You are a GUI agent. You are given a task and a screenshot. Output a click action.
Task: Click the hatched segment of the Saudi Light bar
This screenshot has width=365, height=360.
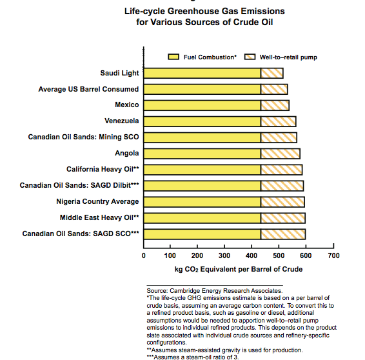272,74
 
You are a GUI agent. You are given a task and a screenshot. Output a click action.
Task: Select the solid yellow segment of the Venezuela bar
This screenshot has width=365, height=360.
202,121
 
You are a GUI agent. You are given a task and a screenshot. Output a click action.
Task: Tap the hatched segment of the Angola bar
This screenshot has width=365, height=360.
281,154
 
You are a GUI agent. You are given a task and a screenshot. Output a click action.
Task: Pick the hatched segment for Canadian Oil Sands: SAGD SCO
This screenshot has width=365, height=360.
283,234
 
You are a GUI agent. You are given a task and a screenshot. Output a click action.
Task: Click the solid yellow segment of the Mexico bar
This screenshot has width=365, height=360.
202,106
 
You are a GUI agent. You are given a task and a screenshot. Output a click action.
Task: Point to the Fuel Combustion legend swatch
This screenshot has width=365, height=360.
173,57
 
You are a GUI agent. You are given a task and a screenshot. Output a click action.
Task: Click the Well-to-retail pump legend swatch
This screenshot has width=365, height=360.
250,57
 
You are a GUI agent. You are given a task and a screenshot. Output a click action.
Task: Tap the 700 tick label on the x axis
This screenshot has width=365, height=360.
333,255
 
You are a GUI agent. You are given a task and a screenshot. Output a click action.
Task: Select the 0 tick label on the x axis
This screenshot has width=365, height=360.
144,255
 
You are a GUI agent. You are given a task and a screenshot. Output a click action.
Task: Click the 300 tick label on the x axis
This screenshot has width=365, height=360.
224,255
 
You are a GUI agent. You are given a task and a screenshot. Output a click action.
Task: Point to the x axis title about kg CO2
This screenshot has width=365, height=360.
239,270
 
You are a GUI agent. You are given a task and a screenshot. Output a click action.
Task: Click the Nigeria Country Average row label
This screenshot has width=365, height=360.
97,201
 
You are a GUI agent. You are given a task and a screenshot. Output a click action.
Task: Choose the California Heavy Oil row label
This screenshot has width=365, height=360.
103,169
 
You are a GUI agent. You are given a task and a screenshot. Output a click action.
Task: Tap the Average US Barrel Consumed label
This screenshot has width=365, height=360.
88,89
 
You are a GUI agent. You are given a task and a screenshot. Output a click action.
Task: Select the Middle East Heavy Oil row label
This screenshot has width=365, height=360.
99,217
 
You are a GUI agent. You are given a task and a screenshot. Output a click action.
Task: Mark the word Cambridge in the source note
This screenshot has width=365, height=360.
184,291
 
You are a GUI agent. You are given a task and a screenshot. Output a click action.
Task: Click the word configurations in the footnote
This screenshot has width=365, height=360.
166,343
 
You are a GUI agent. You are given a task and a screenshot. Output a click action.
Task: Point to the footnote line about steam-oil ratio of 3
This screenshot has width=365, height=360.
193,357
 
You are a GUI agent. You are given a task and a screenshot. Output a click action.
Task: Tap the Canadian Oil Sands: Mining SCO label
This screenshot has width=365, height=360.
84,137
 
